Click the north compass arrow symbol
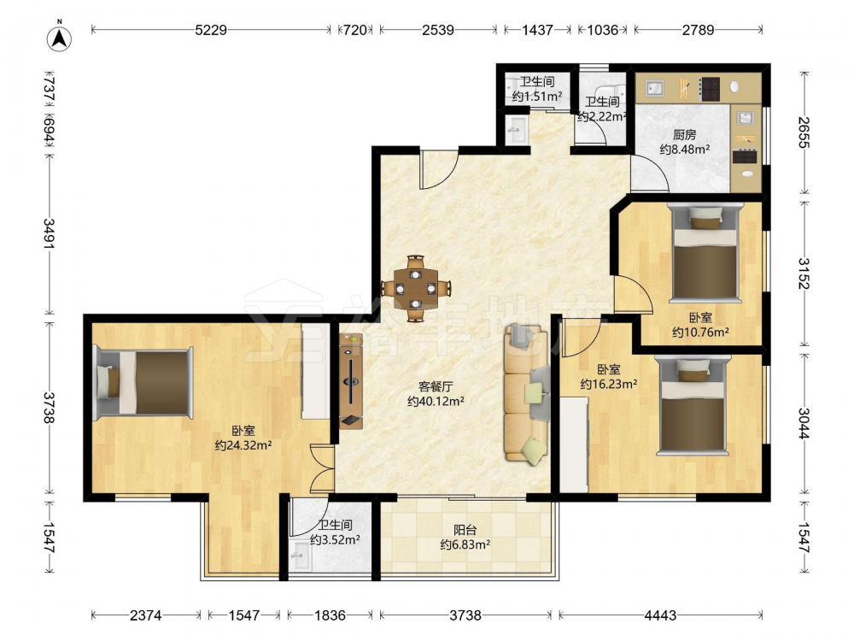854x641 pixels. pyautogui.click(x=60, y=38)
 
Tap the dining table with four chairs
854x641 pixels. pyautogui.click(x=416, y=287)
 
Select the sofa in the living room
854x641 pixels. pyautogui.click(x=525, y=393)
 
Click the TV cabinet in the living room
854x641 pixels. pyautogui.click(x=351, y=380)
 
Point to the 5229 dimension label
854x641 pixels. pyautogui.click(x=211, y=30)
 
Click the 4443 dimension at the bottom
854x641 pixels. pyautogui.click(x=660, y=615)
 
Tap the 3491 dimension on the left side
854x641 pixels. pyautogui.click(x=50, y=234)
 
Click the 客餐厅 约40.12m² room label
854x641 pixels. pyautogui.click(x=436, y=394)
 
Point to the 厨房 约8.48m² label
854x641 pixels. pyautogui.click(x=685, y=142)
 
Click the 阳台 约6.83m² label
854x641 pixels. pyautogui.click(x=465, y=537)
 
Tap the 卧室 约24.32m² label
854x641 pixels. pyautogui.click(x=243, y=438)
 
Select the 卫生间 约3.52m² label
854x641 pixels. pyautogui.click(x=335, y=532)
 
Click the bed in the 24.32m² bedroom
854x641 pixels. pyautogui.click(x=143, y=383)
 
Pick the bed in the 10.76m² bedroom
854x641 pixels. pyautogui.click(x=705, y=252)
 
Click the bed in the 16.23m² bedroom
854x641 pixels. pyautogui.click(x=693, y=404)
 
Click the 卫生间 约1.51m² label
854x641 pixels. pyautogui.click(x=537, y=90)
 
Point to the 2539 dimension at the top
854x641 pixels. pyautogui.click(x=438, y=30)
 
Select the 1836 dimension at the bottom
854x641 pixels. pyautogui.click(x=330, y=615)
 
